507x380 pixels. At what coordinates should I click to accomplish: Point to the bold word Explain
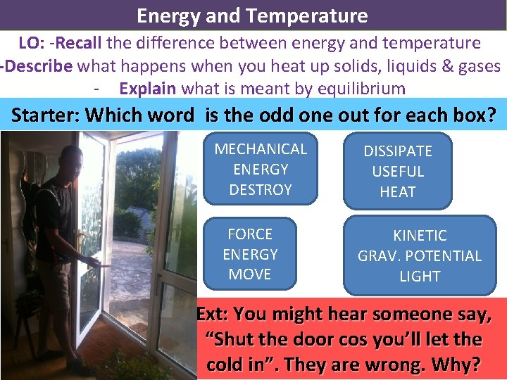[x=148, y=89]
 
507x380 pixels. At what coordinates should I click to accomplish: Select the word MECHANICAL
[x=261, y=148]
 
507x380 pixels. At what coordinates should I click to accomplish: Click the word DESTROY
[x=261, y=189]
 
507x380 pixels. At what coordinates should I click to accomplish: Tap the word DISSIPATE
[x=398, y=151]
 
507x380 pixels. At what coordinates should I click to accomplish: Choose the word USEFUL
[x=398, y=171]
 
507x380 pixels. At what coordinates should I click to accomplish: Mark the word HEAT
[x=398, y=191]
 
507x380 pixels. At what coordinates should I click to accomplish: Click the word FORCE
[x=250, y=234]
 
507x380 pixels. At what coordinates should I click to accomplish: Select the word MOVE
[x=250, y=274]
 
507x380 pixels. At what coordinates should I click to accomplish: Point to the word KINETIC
[x=420, y=236]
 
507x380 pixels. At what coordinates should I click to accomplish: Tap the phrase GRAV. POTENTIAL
[x=420, y=256]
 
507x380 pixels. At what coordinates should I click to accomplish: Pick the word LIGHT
[x=420, y=277]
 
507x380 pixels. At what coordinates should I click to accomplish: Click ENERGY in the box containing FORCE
[x=250, y=254]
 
